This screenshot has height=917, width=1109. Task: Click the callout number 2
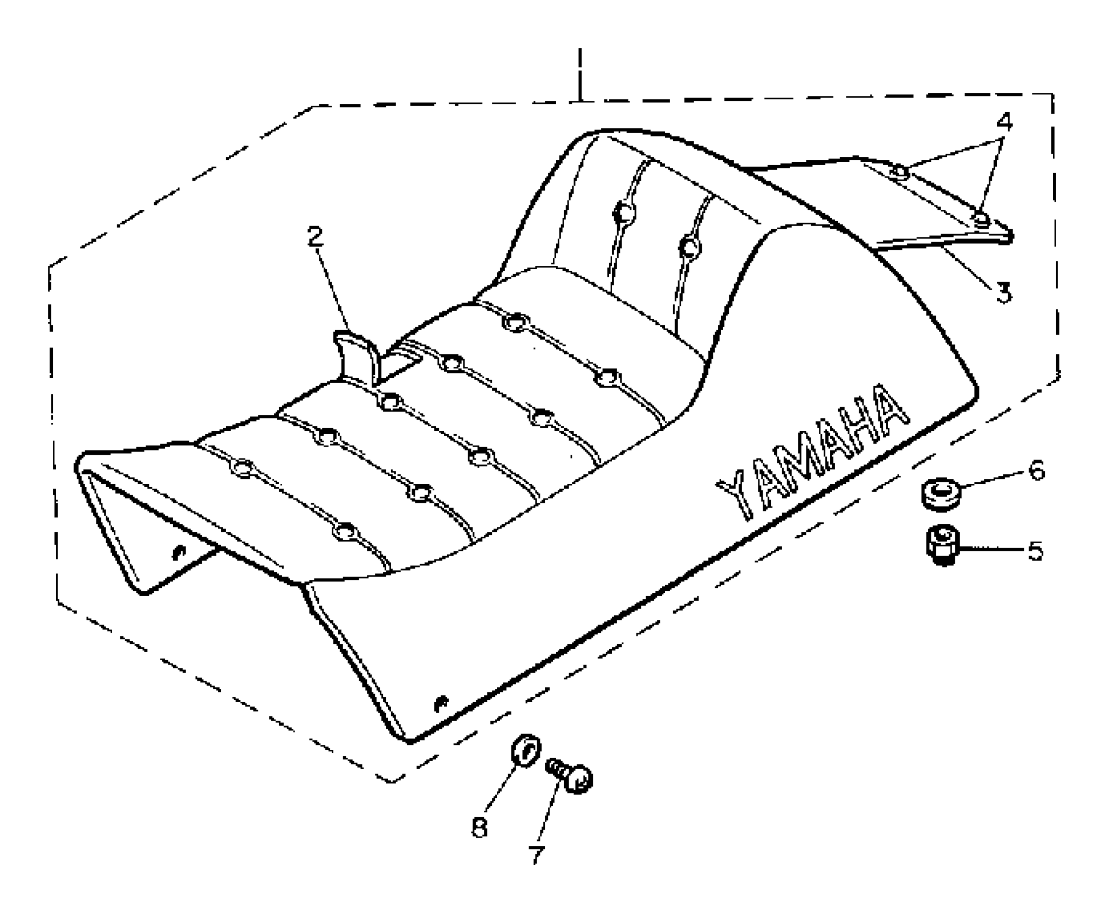[316, 237]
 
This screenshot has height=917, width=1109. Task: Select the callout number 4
[1004, 122]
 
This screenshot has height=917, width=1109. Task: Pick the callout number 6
[1036, 470]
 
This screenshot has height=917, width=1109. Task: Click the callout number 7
[536, 856]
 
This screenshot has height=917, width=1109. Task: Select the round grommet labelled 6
[940, 492]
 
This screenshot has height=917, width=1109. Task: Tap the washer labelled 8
[524, 751]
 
